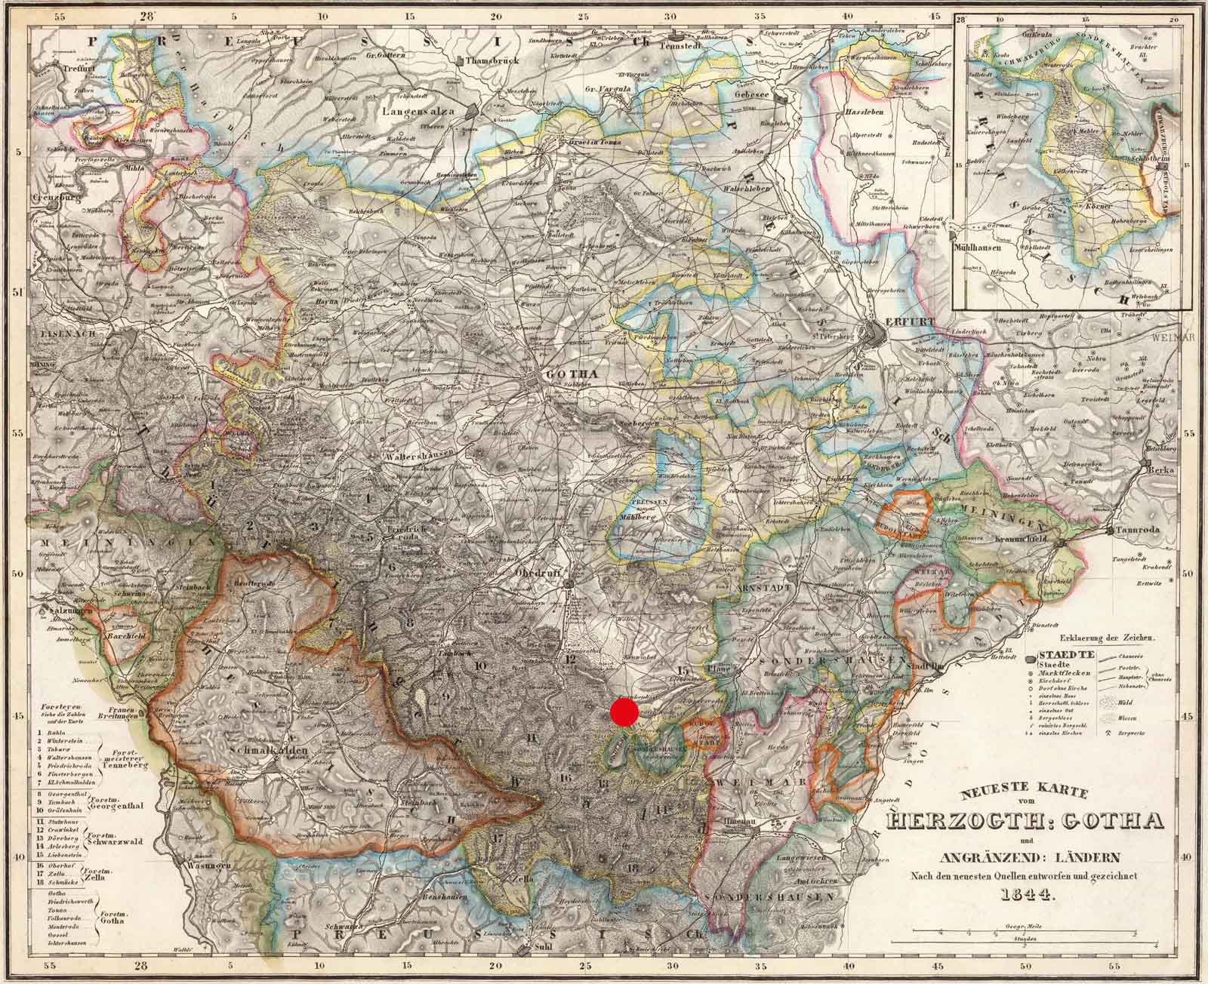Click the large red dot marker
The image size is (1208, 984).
coord(624,712)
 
